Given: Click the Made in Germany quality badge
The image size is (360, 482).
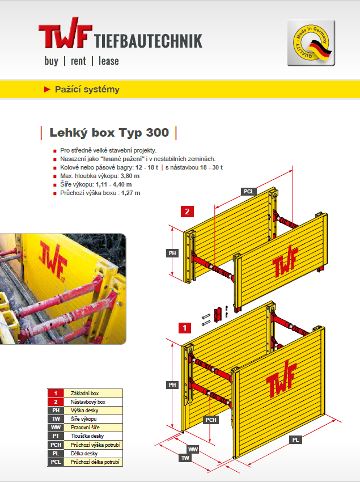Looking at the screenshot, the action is (x=311, y=43).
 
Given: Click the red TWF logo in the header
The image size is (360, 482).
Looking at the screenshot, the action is (x=65, y=33).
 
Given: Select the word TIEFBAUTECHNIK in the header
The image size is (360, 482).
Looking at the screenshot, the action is (x=148, y=41).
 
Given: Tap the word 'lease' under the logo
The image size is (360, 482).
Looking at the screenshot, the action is (x=108, y=61).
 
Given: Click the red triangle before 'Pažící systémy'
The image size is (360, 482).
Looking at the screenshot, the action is (x=47, y=90).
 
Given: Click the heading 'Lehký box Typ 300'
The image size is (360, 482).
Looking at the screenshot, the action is (x=109, y=133).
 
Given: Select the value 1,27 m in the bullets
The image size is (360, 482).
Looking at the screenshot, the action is (x=130, y=193).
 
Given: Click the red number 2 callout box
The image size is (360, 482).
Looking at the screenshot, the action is (x=187, y=212).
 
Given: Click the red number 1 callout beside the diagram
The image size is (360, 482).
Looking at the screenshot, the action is (x=185, y=328).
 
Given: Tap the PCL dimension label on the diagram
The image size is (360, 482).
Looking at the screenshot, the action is (x=248, y=192).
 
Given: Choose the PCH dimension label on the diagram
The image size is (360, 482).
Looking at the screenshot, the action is (x=211, y=420).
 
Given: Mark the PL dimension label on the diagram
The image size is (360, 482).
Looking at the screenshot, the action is (x=295, y=440).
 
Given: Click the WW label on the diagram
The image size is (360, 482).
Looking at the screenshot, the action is (x=193, y=450).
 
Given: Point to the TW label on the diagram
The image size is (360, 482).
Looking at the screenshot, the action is (x=185, y=458).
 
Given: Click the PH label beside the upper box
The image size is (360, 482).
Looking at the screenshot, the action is (x=172, y=253).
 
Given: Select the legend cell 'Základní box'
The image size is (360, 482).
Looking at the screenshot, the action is (x=85, y=394).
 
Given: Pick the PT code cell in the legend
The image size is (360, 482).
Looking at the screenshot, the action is (x=56, y=436).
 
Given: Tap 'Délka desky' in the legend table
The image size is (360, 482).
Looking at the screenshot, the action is (x=84, y=454).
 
